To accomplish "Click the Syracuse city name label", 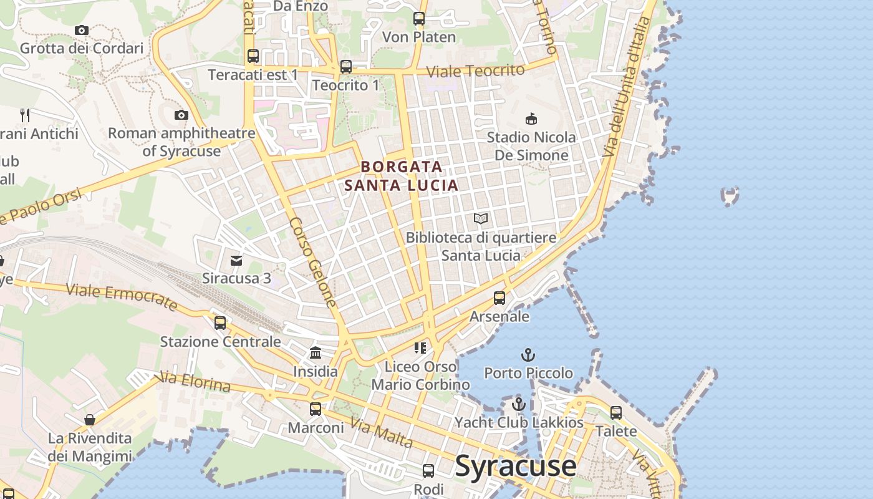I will click(x=516, y=466).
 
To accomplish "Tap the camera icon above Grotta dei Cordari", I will click(x=81, y=30).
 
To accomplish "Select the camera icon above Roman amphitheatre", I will click(x=181, y=115).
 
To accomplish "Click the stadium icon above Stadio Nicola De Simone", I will click(x=531, y=119).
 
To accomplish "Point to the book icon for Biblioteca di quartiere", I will click(x=480, y=218).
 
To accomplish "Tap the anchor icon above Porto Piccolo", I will click(x=528, y=355).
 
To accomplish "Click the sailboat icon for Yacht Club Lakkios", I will click(x=518, y=404).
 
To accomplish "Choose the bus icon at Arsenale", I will click(x=499, y=298).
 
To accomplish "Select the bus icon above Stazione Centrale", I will click(x=220, y=322).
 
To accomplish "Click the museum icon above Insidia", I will click(x=316, y=353).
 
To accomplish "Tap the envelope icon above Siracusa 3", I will click(x=236, y=260).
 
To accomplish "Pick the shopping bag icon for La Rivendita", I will click(x=90, y=420).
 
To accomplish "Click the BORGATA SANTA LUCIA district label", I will click(x=402, y=176).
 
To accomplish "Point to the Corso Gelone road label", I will click(x=314, y=262).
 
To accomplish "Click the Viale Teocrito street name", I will click(x=476, y=70).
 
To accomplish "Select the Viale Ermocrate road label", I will click(x=122, y=296).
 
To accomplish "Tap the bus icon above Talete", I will click(x=616, y=412).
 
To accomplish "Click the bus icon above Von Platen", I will click(x=419, y=19).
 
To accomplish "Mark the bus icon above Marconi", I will click(x=316, y=409).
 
